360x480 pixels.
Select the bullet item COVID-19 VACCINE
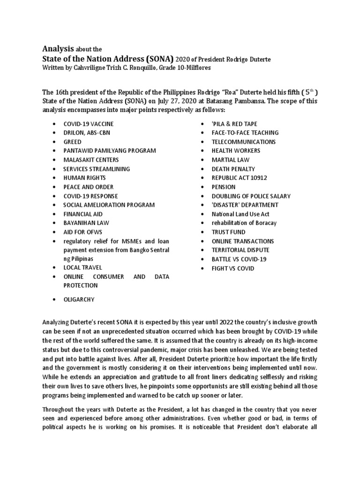pos(89,124)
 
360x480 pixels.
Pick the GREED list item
pos(73,142)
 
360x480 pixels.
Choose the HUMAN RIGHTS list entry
pos(85,178)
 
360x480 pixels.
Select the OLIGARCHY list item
pos(79,299)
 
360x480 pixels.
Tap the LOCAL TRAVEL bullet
pos(82,268)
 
